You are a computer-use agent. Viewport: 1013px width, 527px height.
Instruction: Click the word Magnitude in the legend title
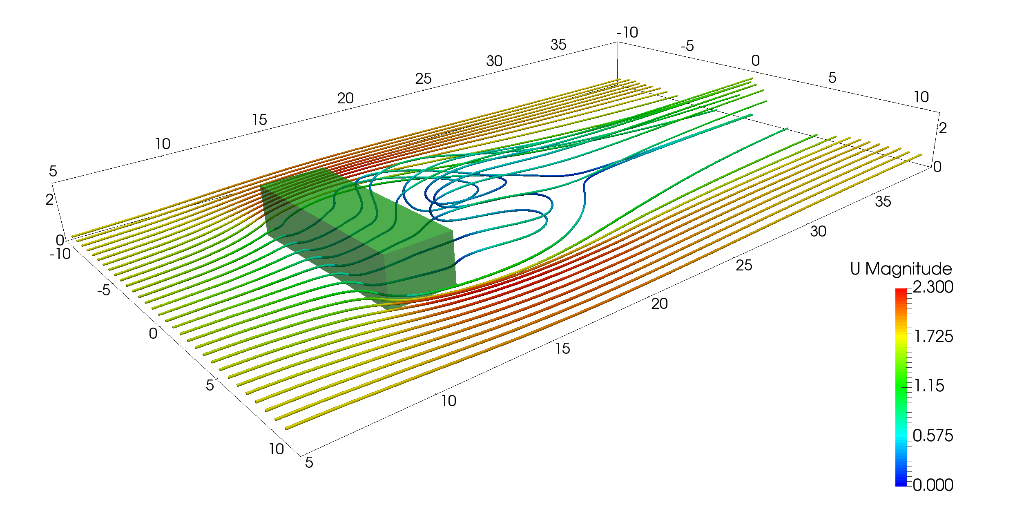click(x=908, y=269)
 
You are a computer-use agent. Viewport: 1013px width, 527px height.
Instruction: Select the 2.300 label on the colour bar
click(x=933, y=287)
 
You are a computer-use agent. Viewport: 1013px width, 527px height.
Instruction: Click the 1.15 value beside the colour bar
click(x=929, y=386)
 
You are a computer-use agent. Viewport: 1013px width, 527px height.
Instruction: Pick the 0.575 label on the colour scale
click(x=933, y=435)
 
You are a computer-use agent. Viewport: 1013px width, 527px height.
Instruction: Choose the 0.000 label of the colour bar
click(x=933, y=485)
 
